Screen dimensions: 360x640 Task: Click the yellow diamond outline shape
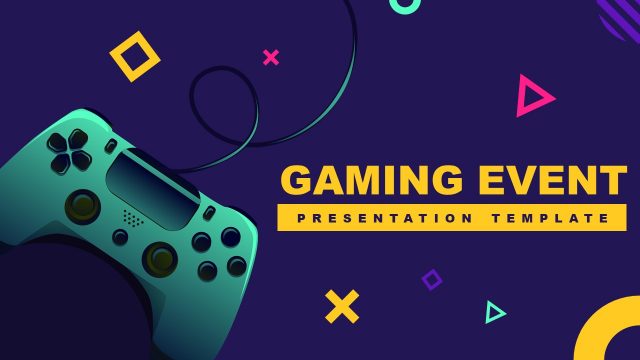click(x=134, y=56)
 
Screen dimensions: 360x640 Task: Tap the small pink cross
click(x=270, y=57)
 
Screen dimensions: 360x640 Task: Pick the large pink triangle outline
click(x=532, y=97)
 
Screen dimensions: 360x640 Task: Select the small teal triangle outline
click(x=494, y=312)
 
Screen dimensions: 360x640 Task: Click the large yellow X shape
click(x=342, y=306)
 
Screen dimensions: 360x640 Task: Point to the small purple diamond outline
click(x=432, y=279)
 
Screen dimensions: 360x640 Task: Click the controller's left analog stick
click(x=82, y=206)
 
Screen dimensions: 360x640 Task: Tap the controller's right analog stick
click(x=159, y=257)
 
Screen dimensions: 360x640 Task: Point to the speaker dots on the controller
click(x=131, y=216)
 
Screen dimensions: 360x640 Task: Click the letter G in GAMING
click(x=298, y=180)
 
